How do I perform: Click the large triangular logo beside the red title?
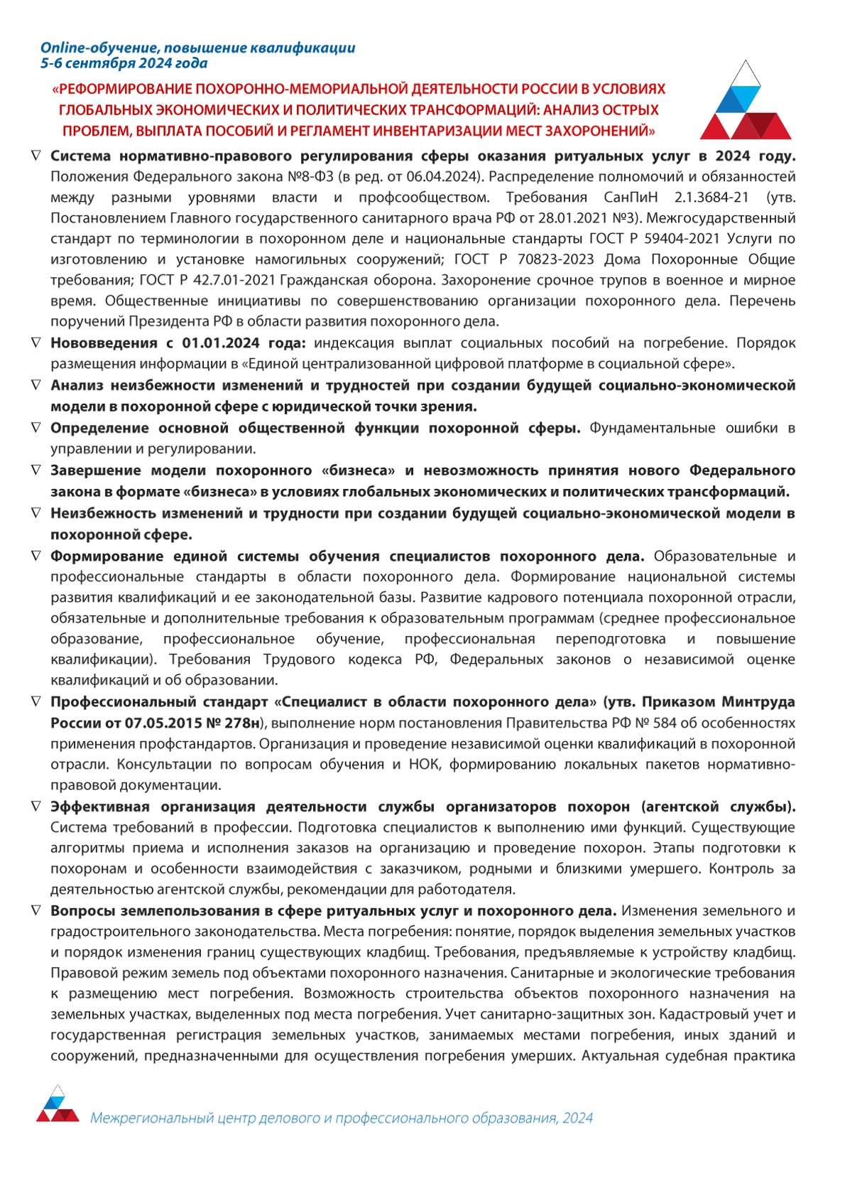(745, 101)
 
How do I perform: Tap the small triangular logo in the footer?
(58, 1104)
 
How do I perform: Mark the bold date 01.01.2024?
(224, 343)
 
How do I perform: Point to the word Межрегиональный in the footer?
(151, 1118)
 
